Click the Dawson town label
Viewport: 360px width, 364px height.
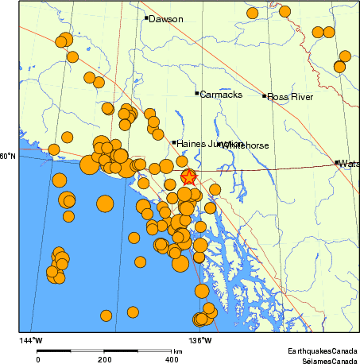167,19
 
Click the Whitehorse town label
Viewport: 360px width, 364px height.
246,145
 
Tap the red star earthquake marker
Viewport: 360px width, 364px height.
188,176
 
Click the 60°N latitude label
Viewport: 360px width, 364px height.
8,156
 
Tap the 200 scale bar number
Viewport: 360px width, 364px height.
104,359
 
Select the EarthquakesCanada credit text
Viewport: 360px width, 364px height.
323,350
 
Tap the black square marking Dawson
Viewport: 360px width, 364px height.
147,17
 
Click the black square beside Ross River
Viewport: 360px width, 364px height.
265,96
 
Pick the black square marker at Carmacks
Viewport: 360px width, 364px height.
197,93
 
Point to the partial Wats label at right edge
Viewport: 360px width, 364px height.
349,164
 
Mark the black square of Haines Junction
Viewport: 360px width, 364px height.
174,142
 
